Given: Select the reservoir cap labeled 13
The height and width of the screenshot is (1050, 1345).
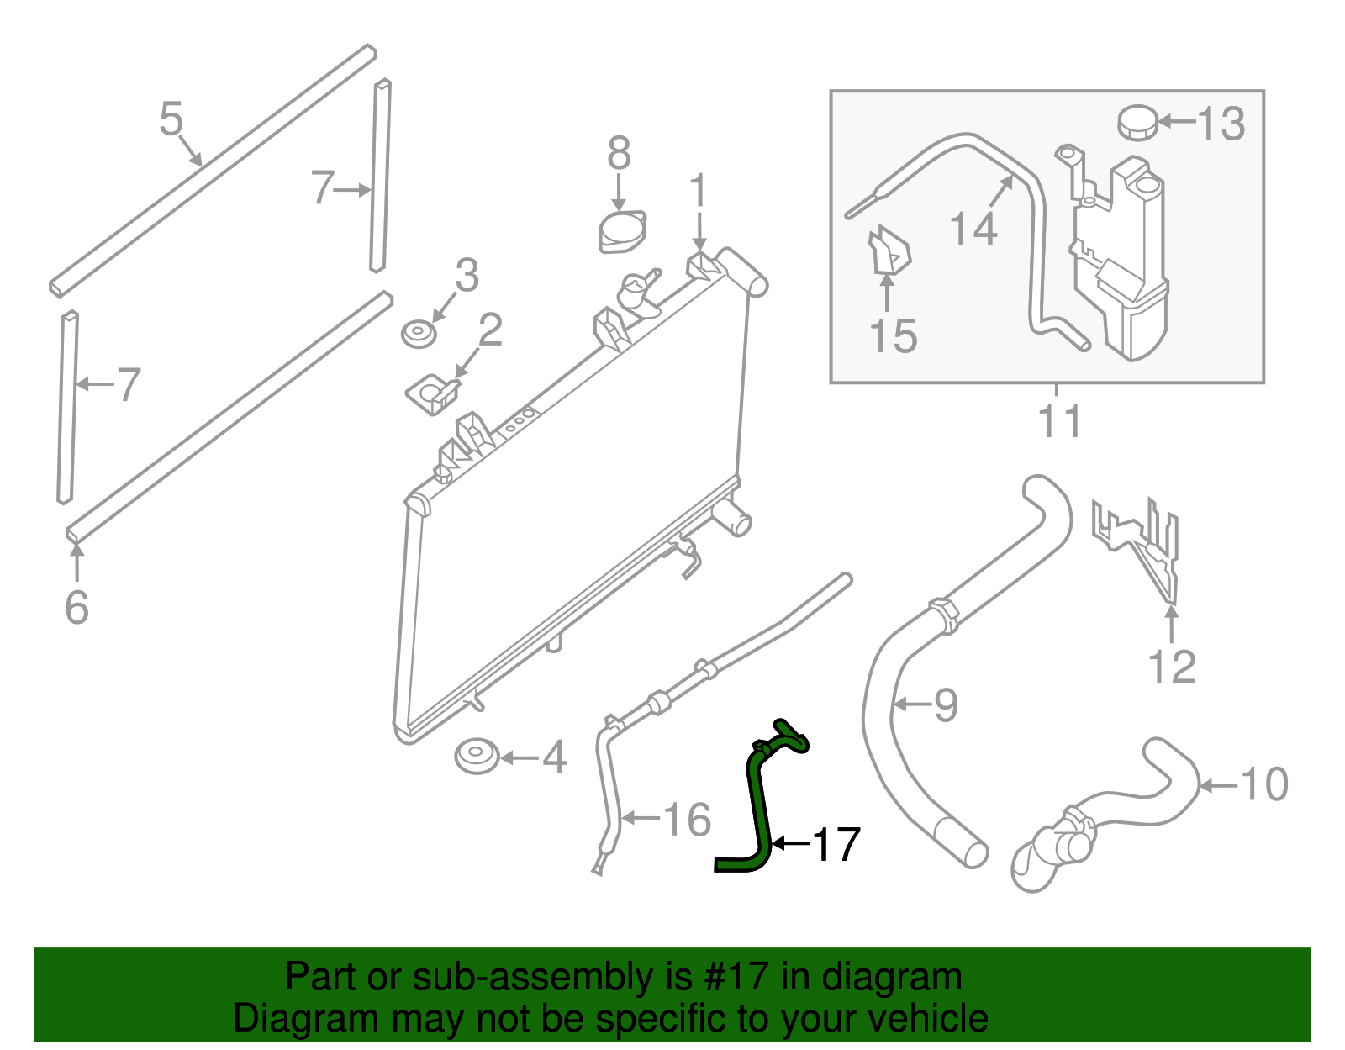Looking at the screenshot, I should pyautogui.click(x=1137, y=123).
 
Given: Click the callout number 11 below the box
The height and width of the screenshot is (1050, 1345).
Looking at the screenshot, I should pyautogui.click(x=1058, y=420).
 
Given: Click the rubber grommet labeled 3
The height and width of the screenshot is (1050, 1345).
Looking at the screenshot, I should pyautogui.click(x=418, y=334).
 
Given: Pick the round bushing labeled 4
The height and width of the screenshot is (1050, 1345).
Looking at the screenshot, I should pyautogui.click(x=477, y=756).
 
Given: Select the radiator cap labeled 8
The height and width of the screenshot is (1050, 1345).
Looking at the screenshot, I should pyautogui.click(x=623, y=231).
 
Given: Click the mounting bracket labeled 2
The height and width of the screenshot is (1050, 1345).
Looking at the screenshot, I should pyautogui.click(x=433, y=393).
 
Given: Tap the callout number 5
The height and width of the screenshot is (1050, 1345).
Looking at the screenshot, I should pyautogui.click(x=171, y=119).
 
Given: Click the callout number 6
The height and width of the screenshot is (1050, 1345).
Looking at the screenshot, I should pyautogui.click(x=76, y=607).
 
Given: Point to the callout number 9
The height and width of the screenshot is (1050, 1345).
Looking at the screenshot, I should pyautogui.click(x=946, y=704).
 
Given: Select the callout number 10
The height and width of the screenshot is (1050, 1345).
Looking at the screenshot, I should pyautogui.click(x=1264, y=784).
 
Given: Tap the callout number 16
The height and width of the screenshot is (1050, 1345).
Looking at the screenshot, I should pyautogui.click(x=687, y=819).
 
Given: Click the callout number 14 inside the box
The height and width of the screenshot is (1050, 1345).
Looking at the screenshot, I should pyautogui.click(x=973, y=229).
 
